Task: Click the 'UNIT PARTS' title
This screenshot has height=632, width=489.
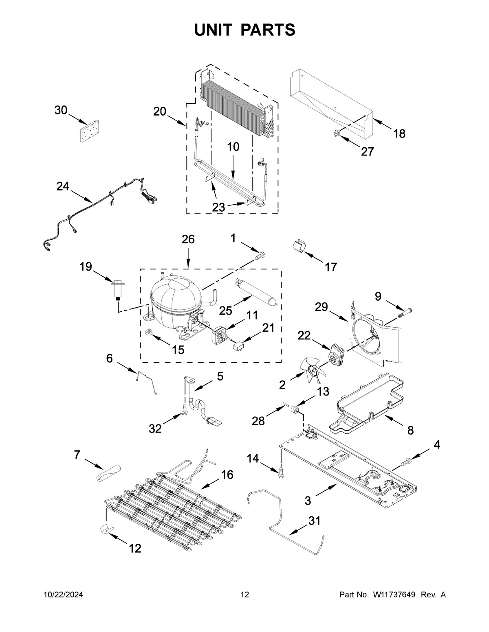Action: [244, 30]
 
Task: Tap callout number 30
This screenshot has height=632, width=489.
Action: [61, 110]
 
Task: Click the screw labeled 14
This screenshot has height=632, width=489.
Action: [281, 473]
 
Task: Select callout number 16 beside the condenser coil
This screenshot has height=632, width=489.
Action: [227, 475]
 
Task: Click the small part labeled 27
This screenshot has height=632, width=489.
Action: [336, 132]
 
